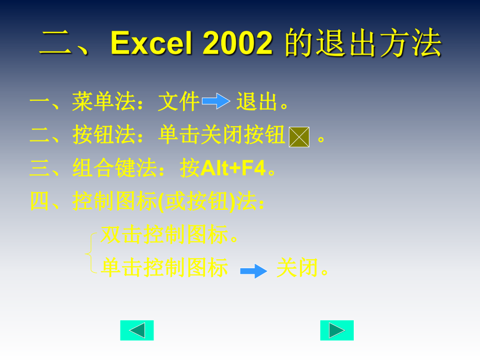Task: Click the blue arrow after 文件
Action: tap(216, 101)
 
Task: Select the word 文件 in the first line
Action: tap(179, 102)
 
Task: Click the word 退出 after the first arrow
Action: tap(257, 102)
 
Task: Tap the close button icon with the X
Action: tap(299, 137)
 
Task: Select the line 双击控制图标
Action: tap(164, 235)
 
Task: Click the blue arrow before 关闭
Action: tap(254, 271)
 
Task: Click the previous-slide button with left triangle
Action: tap(137, 330)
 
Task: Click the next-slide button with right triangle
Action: tap(337, 330)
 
